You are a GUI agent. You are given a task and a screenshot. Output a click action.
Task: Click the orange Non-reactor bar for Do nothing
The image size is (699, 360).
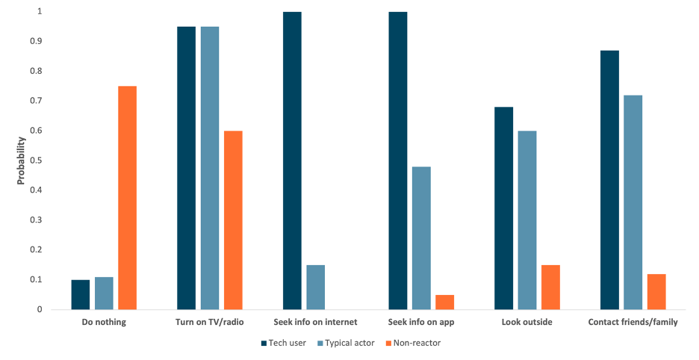pyautogui.click(x=127, y=198)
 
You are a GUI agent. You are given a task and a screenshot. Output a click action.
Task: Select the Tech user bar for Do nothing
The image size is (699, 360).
pyautogui.click(x=81, y=294)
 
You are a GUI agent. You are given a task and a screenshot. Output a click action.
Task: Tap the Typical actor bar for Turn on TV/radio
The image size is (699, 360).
pyautogui.click(x=210, y=168)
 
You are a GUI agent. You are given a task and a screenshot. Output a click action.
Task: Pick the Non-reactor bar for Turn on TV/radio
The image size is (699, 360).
pyautogui.click(x=233, y=220)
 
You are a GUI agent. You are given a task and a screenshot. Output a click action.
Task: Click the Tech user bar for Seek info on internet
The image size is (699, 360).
pyautogui.click(x=292, y=161)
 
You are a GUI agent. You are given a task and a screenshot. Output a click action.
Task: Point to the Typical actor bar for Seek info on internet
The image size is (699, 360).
pyautogui.click(x=315, y=287)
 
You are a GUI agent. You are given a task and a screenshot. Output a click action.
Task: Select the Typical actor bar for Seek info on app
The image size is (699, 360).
pyautogui.click(x=421, y=238)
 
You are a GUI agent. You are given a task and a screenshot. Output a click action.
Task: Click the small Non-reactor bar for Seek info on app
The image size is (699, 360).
pyautogui.click(x=444, y=302)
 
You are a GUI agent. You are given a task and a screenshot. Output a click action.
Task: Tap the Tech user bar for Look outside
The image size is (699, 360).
pyautogui.click(x=503, y=208)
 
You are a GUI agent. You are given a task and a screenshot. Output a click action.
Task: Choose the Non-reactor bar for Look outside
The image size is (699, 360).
pyautogui.click(x=550, y=287)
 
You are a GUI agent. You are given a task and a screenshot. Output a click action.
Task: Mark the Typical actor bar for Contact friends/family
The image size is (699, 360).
pyautogui.click(x=633, y=202)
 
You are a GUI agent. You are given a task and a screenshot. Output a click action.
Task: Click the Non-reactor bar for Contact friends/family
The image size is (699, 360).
pyautogui.click(x=656, y=291)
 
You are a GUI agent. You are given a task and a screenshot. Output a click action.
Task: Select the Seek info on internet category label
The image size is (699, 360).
pyautogui.click(x=315, y=322)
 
